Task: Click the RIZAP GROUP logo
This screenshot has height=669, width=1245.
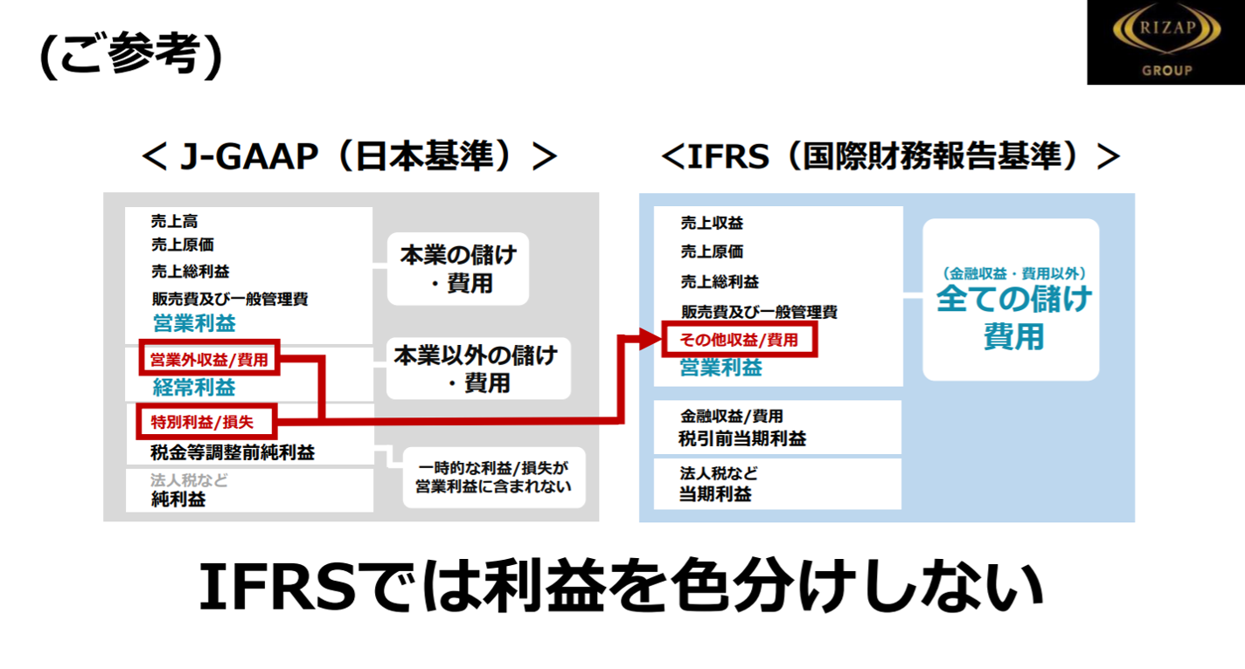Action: (x=1165, y=43)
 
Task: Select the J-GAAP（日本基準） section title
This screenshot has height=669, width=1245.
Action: (x=349, y=156)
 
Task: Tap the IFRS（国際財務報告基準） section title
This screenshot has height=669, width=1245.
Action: (x=891, y=156)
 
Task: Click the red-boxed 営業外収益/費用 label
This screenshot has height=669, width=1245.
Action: (x=209, y=359)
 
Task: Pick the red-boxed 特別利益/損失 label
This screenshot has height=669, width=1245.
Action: (x=207, y=422)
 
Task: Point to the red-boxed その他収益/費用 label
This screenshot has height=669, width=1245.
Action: (x=740, y=340)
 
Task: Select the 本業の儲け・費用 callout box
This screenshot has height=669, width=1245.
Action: (x=458, y=269)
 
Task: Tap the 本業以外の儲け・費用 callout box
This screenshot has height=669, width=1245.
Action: (x=476, y=369)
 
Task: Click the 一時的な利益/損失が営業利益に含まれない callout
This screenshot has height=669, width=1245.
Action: (x=494, y=477)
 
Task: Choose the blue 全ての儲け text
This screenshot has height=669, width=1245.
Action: (x=1014, y=300)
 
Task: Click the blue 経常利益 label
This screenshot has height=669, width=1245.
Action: (x=195, y=388)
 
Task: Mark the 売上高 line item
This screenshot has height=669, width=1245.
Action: (x=174, y=222)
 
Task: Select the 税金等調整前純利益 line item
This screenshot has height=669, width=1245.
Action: (x=233, y=452)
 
